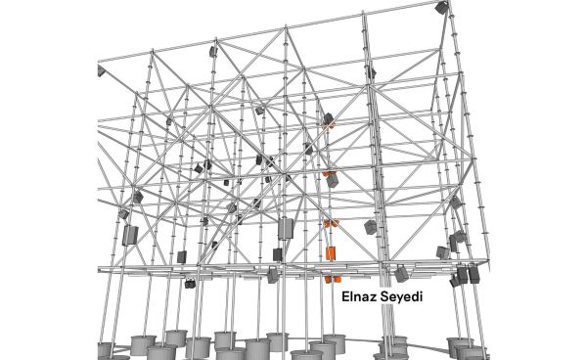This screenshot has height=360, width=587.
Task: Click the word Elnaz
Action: click(359, 297)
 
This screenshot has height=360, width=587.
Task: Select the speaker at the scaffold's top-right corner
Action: click(442, 8)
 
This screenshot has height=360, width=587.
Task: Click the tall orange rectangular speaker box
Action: click(331, 253)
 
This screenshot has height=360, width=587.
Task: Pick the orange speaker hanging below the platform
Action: click(333, 279)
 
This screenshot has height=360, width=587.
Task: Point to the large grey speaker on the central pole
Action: click(286, 229)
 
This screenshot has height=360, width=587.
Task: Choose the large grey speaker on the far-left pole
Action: click(130, 235)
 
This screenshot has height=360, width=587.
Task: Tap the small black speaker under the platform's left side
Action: click(190, 284)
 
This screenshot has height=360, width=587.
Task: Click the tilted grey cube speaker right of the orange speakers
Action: click(370, 227)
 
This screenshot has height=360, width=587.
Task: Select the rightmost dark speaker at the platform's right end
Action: click(474, 274)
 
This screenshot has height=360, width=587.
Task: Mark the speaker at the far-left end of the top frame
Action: click(101, 70)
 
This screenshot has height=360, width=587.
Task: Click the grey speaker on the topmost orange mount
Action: click(329, 118)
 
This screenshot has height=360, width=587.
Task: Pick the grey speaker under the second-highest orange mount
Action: click(332, 181)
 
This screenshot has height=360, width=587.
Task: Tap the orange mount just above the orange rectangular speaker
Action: click(332, 223)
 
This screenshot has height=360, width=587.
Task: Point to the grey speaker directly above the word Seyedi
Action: click(401, 274)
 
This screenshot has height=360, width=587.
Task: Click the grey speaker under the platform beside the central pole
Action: click(273, 276)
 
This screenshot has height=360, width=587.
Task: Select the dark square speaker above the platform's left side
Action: click(182, 256)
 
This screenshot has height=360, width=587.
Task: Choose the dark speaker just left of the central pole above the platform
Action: click(278, 254)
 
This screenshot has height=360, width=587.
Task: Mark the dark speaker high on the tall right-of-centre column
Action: click(371, 71)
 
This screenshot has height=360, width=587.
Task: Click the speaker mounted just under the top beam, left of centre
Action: click(213, 52)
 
